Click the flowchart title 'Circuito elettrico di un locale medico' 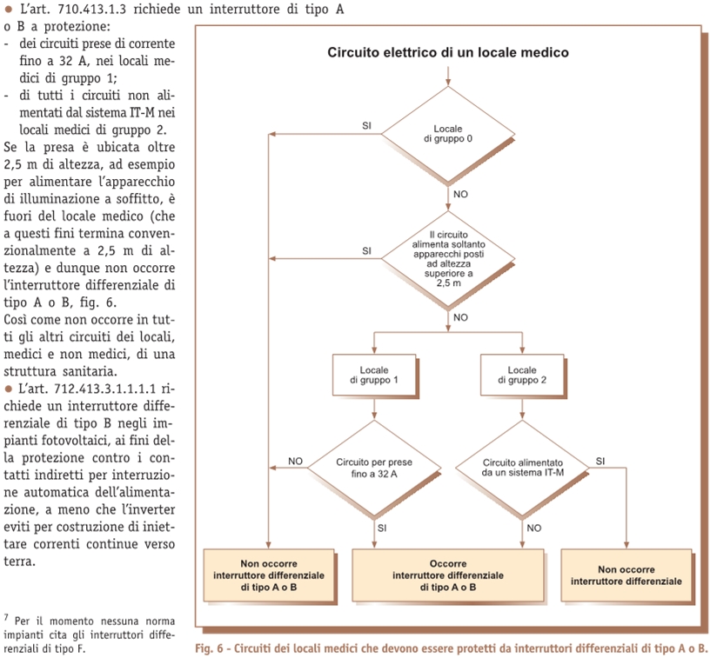[x=448, y=52]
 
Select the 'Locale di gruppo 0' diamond [x=448, y=135]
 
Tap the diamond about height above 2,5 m [x=448, y=259]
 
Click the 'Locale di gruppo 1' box [x=374, y=375]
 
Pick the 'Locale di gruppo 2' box [x=522, y=375]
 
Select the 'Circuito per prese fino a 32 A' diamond [x=374, y=468]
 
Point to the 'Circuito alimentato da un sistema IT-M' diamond [x=522, y=468]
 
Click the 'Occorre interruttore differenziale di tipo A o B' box [x=448, y=575]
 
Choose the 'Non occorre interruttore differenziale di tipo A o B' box [x=269, y=575]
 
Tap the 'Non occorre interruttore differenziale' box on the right [x=626, y=575]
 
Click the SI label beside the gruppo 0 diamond [x=367, y=126]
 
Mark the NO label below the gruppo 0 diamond [x=460, y=194]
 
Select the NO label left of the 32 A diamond [x=295, y=461]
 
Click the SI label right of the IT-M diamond [x=600, y=461]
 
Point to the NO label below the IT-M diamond [x=534, y=528]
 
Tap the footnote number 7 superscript [x=6, y=617]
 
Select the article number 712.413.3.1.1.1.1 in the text [x=104, y=389]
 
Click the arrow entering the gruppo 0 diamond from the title [x=448, y=76]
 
